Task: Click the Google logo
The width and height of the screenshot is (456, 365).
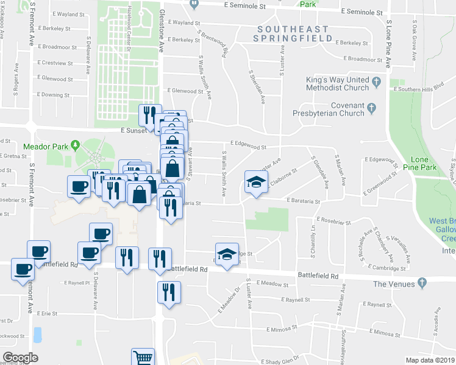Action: coord(20,358)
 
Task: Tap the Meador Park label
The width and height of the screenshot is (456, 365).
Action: coord(45,147)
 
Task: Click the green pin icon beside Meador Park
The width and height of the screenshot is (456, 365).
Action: coord(75,145)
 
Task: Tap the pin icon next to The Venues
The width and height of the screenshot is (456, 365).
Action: coord(421,284)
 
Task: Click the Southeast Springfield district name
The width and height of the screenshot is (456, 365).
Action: coord(293,33)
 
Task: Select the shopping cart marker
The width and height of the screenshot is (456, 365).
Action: coord(143,357)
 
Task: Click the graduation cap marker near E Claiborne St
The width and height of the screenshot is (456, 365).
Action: coord(256,181)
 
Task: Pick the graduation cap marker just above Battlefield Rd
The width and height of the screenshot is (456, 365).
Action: coord(227,254)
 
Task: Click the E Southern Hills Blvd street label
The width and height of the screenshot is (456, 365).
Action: coord(420,89)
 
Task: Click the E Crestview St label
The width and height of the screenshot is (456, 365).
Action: coord(55,63)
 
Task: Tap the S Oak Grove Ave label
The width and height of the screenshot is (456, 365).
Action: coord(415,42)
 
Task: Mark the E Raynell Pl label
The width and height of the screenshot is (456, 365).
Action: coord(76,283)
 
